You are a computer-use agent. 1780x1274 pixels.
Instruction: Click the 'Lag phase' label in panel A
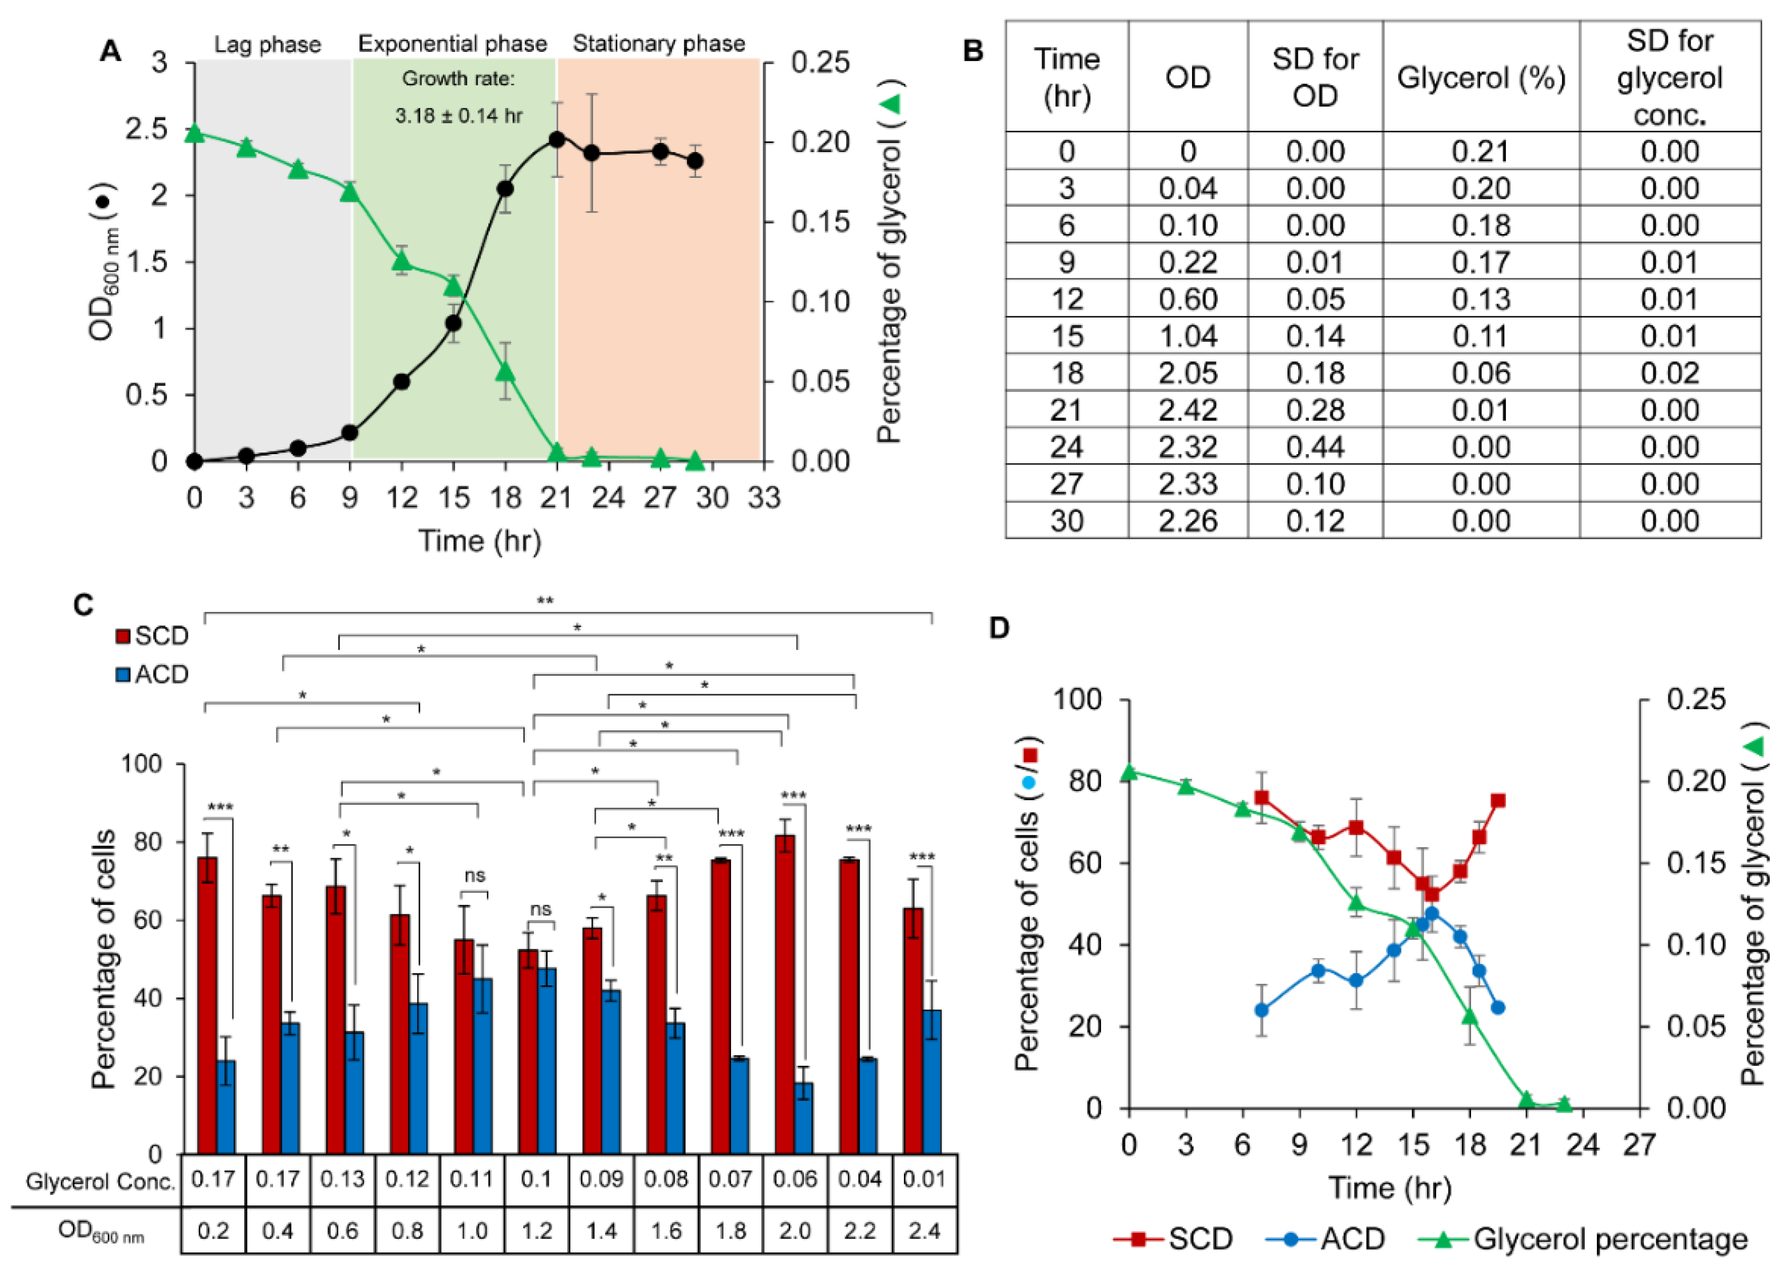[268, 44]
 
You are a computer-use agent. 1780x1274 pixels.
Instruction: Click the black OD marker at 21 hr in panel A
[557, 140]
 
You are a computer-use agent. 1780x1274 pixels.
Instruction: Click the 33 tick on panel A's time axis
[763, 497]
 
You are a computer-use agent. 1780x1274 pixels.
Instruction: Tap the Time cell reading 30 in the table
[1066, 521]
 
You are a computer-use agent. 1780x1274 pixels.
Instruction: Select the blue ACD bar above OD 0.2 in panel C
[226, 1107]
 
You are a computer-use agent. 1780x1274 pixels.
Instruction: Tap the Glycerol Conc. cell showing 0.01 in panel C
[924, 1180]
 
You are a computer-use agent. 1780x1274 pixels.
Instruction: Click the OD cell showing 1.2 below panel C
[537, 1230]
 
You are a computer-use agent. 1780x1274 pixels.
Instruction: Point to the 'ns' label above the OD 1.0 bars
[474, 876]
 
